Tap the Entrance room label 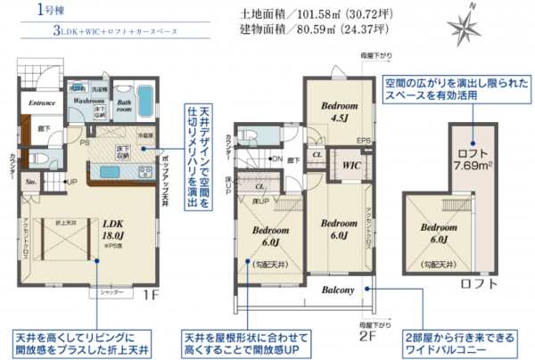pyautogui.click(x=41, y=103)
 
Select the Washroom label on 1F pyautogui.click(x=89, y=102)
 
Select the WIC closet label pyautogui.click(x=350, y=164)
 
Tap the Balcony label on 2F pyautogui.click(x=340, y=290)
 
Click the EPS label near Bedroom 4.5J pyautogui.click(x=363, y=141)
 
